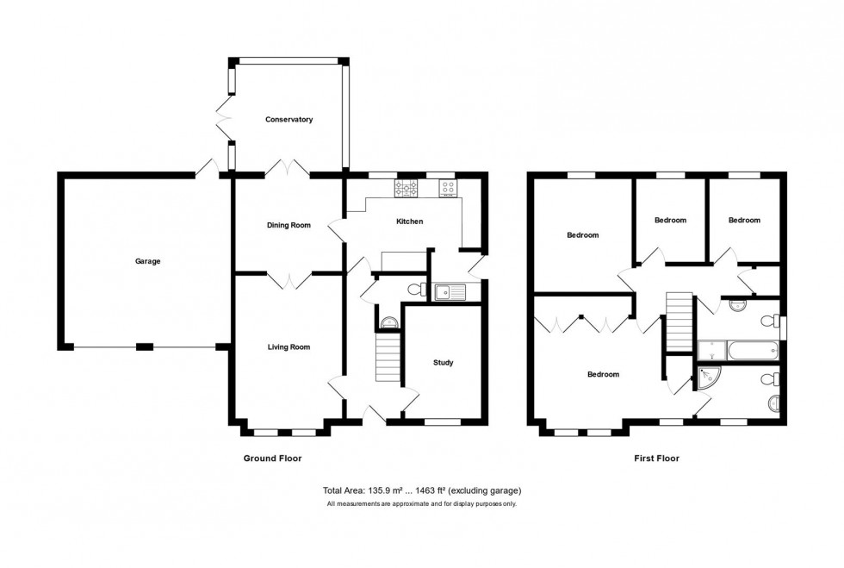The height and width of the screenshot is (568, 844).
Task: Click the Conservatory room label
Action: (x=289, y=120)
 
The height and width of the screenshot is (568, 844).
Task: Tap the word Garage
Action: (x=147, y=261)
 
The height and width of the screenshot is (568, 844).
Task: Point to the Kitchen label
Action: (x=409, y=222)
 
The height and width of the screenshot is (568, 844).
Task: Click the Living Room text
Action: (x=289, y=347)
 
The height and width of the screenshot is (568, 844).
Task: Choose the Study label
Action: (x=443, y=363)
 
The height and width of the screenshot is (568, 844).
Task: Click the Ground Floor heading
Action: (x=272, y=459)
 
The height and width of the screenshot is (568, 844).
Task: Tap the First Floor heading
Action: (x=651, y=459)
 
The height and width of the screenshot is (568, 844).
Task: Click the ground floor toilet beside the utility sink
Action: (x=414, y=289)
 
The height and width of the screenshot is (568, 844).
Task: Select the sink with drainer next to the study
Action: (x=450, y=292)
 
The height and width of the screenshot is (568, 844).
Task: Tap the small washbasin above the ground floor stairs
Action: (x=389, y=323)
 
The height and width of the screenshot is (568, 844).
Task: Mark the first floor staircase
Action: (x=680, y=321)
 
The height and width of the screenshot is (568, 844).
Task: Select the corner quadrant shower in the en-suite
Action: (x=708, y=378)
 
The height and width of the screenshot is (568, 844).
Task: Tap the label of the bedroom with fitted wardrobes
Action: (x=603, y=374)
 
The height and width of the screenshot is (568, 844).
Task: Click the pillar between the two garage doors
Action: (x=145, y=347)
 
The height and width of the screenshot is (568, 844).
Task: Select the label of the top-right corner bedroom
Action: (x=744, y=220)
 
